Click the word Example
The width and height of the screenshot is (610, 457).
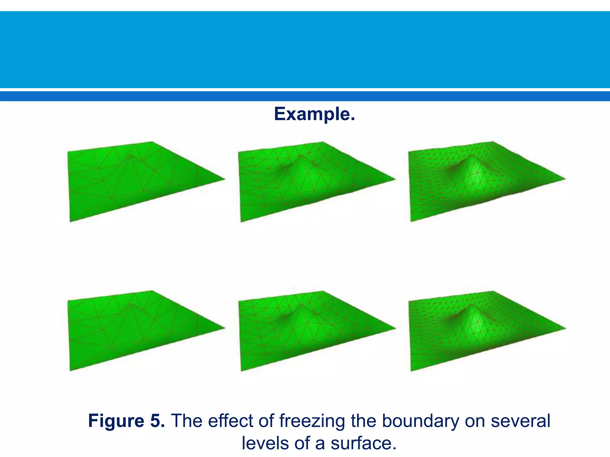tap(314, 114)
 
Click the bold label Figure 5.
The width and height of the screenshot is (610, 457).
tap(126, 421)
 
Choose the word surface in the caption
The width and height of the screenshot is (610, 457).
tap(363, 443)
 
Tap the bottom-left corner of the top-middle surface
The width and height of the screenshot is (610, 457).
tap(241, 221)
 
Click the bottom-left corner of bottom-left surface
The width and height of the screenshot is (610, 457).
tap(71, 370)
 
